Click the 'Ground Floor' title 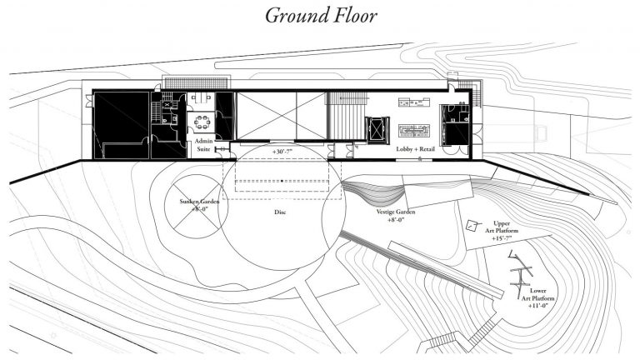click(321, 16)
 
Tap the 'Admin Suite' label click(204, 147)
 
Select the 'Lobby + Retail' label click(409, 148)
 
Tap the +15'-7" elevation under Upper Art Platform click(502, 239)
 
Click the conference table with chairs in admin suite click(201, 122)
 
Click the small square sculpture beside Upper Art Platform click(472, 226)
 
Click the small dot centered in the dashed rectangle click(282, 180)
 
